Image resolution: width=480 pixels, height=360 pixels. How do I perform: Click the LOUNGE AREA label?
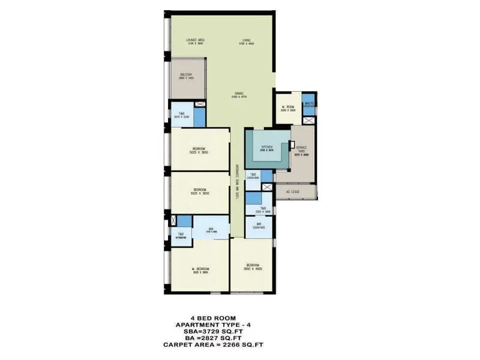coord(188,40)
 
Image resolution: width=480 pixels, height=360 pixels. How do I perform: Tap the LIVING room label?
coord(246,40)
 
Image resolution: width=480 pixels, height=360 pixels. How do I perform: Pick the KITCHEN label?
coord(266,147)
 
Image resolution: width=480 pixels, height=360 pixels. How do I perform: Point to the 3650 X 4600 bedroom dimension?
coord(253,269)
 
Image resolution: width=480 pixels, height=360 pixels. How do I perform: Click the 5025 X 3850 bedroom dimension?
coord(200,152)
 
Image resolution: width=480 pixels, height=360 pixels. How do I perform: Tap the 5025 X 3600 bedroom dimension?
coord(200,194)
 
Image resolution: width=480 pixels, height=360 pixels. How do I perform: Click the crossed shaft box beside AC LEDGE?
coord(268,188)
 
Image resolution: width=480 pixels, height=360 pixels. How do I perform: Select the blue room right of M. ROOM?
coord(308,103)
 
